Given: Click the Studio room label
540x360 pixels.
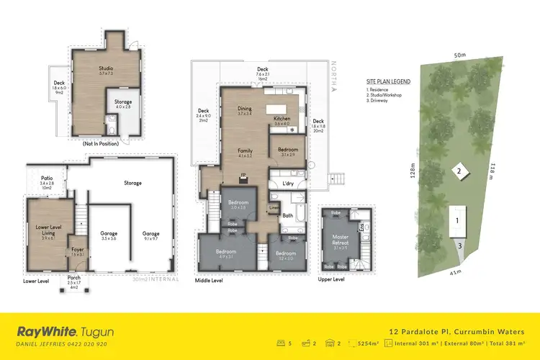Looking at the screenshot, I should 106,68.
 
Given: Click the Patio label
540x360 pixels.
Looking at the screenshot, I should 48,179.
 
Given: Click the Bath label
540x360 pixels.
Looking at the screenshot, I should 287,215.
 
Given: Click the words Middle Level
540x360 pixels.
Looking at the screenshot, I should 211,280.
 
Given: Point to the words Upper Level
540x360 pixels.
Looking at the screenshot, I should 331,279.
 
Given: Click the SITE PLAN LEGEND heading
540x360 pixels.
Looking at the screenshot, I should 387,81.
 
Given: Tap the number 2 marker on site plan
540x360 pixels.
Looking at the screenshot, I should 457,171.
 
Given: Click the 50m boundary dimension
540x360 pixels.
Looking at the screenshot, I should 459,55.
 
